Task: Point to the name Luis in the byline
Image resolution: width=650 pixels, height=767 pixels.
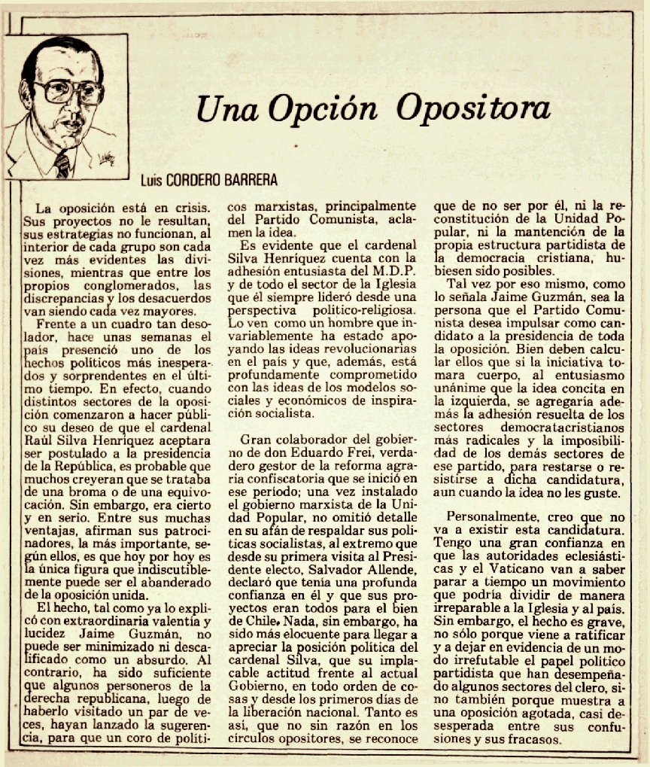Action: [153, 181]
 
